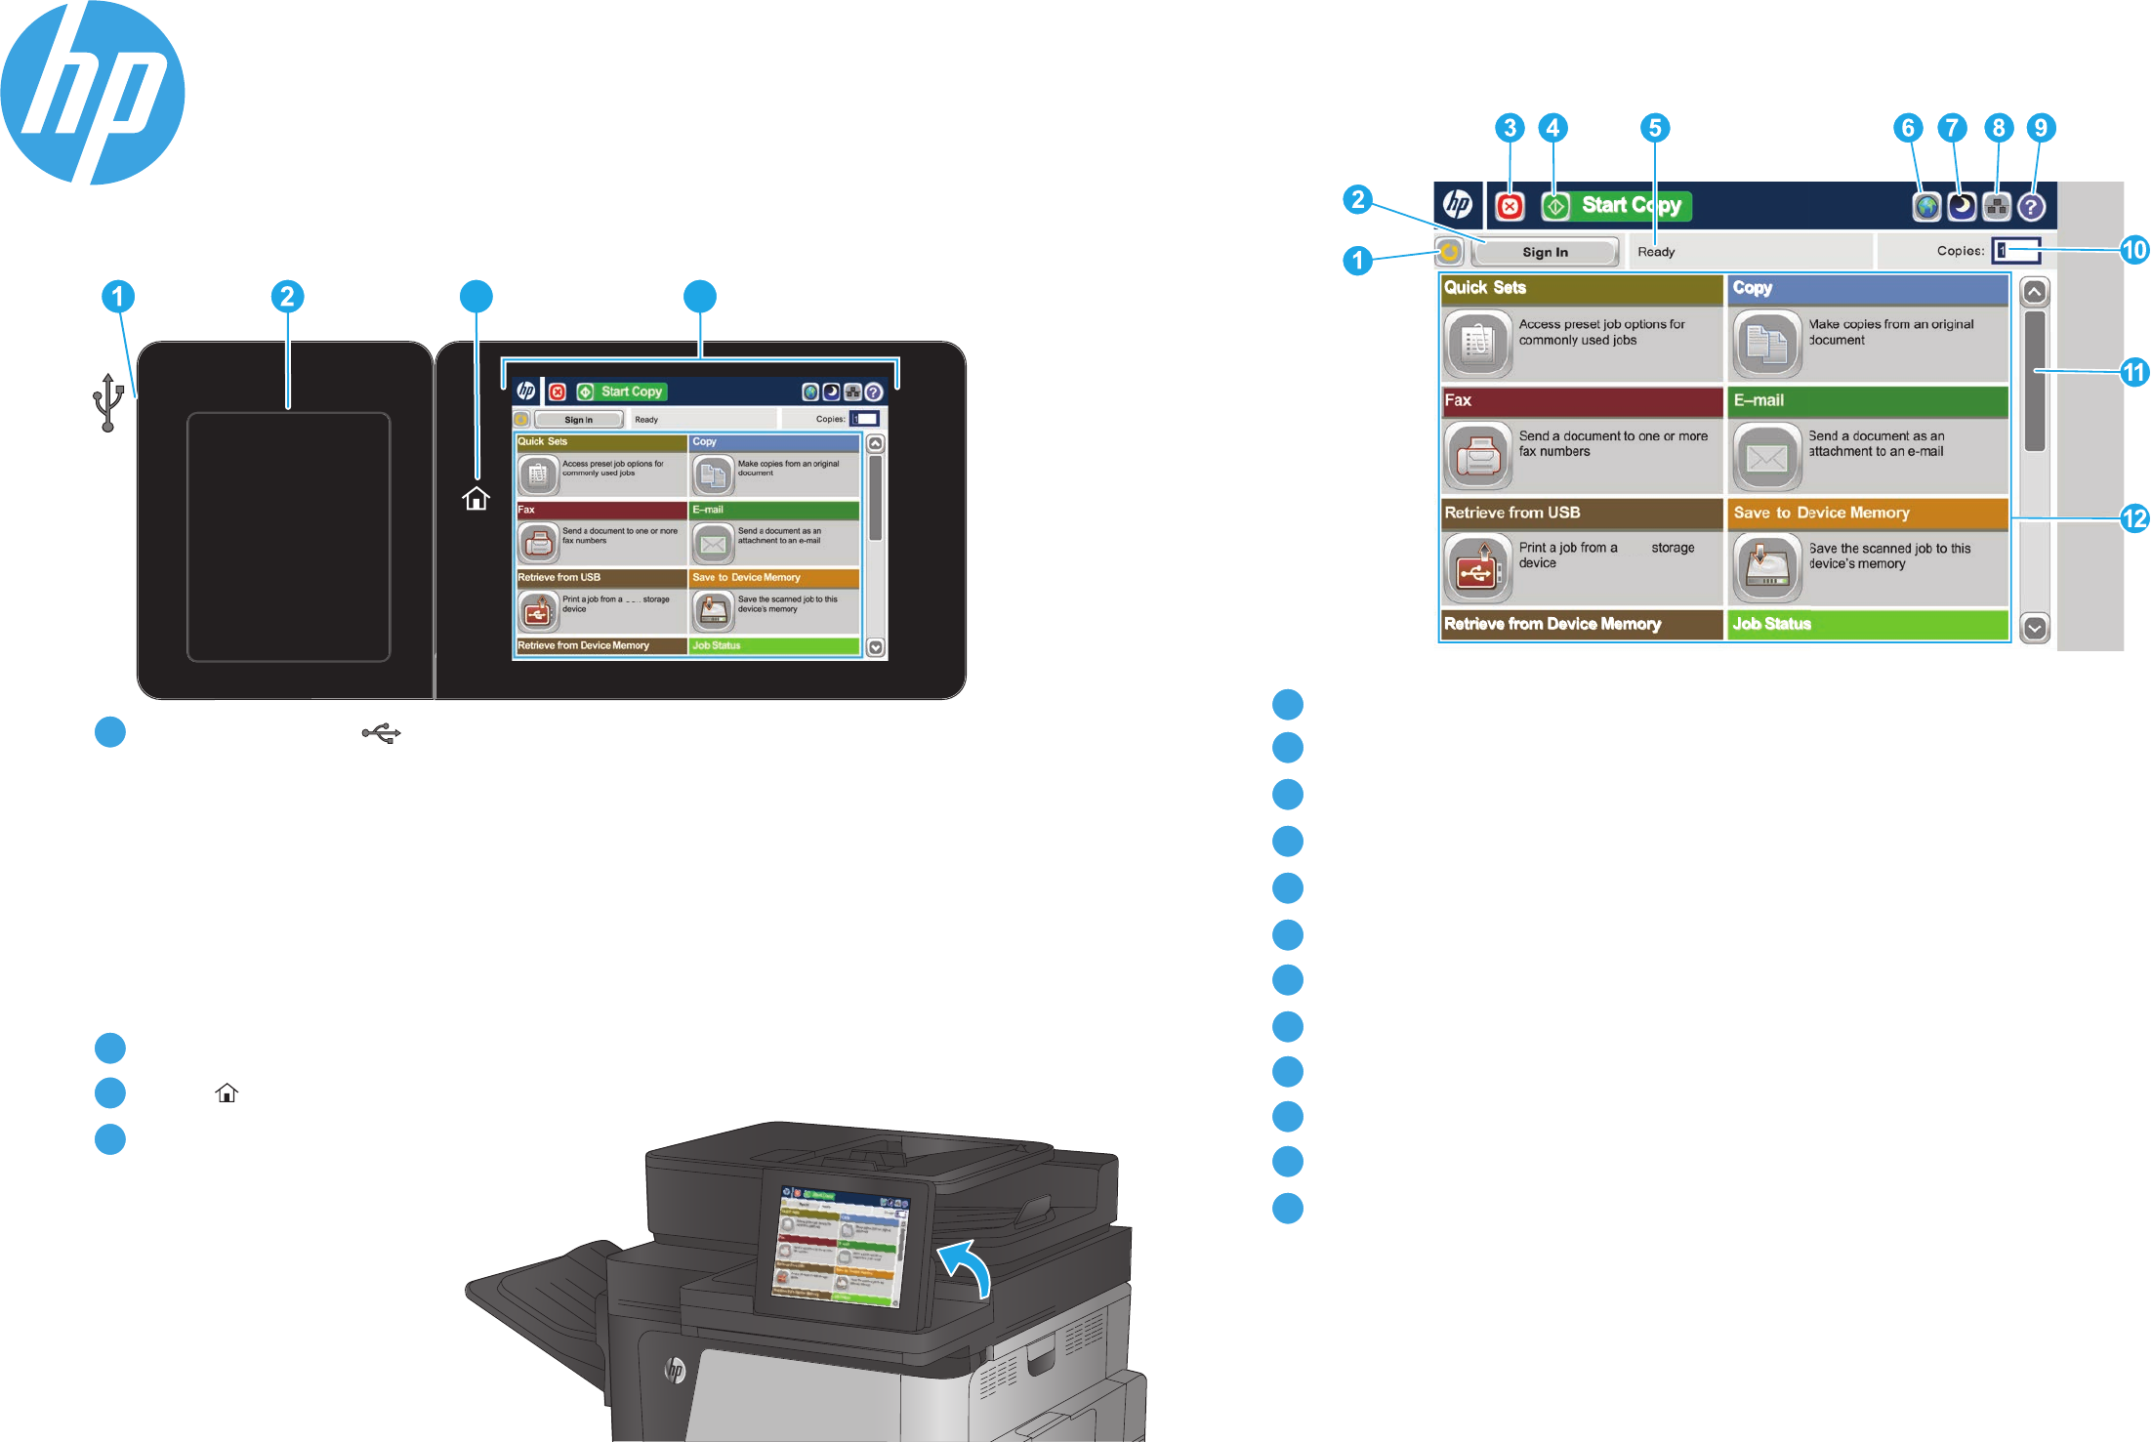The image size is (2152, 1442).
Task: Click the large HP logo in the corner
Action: (x=93, y=93)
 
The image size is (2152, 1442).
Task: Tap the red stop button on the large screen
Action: (x=1510, y=206)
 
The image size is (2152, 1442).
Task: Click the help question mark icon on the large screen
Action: (x=2031, y=207)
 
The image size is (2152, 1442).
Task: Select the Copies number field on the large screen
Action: (x=2016, y=251)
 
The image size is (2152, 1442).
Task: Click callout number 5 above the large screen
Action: (x=1654, y=128)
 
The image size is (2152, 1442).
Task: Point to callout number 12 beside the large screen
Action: (x=2134, y=517)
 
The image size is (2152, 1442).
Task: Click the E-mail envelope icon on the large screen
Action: (x=1766, y=456)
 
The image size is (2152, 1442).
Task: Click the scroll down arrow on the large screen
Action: (x=2035, y=628)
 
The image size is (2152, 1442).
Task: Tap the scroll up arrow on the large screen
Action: (x=2035, y=292)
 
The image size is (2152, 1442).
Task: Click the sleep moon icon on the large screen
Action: (x=1962, y=206)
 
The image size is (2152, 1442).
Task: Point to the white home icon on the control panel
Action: (x=476, y=499)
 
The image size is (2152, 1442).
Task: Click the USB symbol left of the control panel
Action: (x=107, y=401)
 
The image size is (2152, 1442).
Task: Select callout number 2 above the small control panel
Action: (x=287, y=297)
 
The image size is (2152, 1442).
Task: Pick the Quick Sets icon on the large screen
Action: (x=1478, y=344)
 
